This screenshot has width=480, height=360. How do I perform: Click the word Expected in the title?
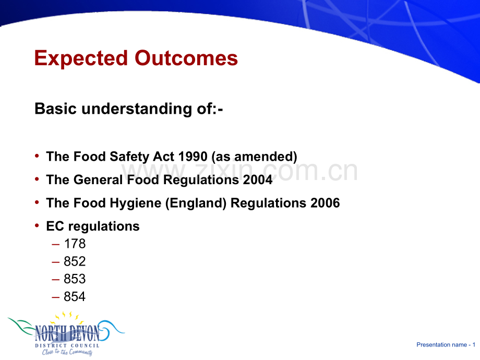click(x=81, y=58)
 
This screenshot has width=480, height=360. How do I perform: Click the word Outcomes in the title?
click(x=186, y=58)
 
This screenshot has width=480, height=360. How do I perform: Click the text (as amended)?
click(x=255, y=157)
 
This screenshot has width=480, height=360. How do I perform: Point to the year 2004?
click(x=257, y=179)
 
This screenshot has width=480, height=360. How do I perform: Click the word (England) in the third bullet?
click(x=196, y=203)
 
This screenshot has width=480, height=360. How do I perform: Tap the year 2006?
click(x=325, y=203)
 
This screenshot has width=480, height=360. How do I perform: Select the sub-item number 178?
click(x=75, y=244)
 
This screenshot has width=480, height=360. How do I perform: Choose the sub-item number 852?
click(x=75, y=261)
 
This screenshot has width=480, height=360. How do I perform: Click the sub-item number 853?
click(x=75, y=279)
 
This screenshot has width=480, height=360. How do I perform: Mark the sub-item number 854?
click(x=75, y=297)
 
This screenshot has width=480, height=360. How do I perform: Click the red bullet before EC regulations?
click(x=37, y=226)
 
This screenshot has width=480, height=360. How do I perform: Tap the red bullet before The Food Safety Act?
click(x=37, y=156)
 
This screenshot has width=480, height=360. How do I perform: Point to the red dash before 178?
click(x=56, y=245)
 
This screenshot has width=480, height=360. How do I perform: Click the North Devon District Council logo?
click(x=66, y=334)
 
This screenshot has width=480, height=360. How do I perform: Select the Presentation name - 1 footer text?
click(x=446, y=345)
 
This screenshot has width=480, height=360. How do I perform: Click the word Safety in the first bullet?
click(x=129, y=157)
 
